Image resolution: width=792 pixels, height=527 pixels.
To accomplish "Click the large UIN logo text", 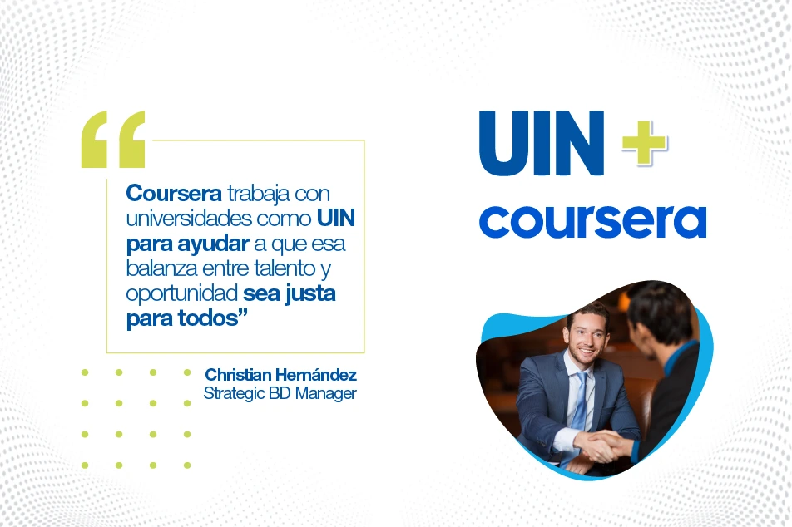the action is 542,143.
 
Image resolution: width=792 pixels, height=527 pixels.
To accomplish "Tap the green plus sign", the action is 645,143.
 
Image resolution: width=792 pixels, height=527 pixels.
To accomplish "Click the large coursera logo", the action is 592,221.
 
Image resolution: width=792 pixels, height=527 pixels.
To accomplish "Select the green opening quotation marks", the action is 113,139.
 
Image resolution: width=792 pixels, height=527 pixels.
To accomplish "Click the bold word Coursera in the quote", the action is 174,194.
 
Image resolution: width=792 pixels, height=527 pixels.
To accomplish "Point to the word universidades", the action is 189,218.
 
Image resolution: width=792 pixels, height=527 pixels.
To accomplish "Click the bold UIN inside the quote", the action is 336,218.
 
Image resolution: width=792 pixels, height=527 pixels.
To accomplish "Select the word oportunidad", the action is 182,293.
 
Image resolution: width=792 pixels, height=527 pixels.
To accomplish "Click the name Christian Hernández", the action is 281,375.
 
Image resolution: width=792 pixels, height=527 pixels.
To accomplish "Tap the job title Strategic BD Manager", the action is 280,392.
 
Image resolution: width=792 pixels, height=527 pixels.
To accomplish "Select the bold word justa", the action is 310,293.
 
